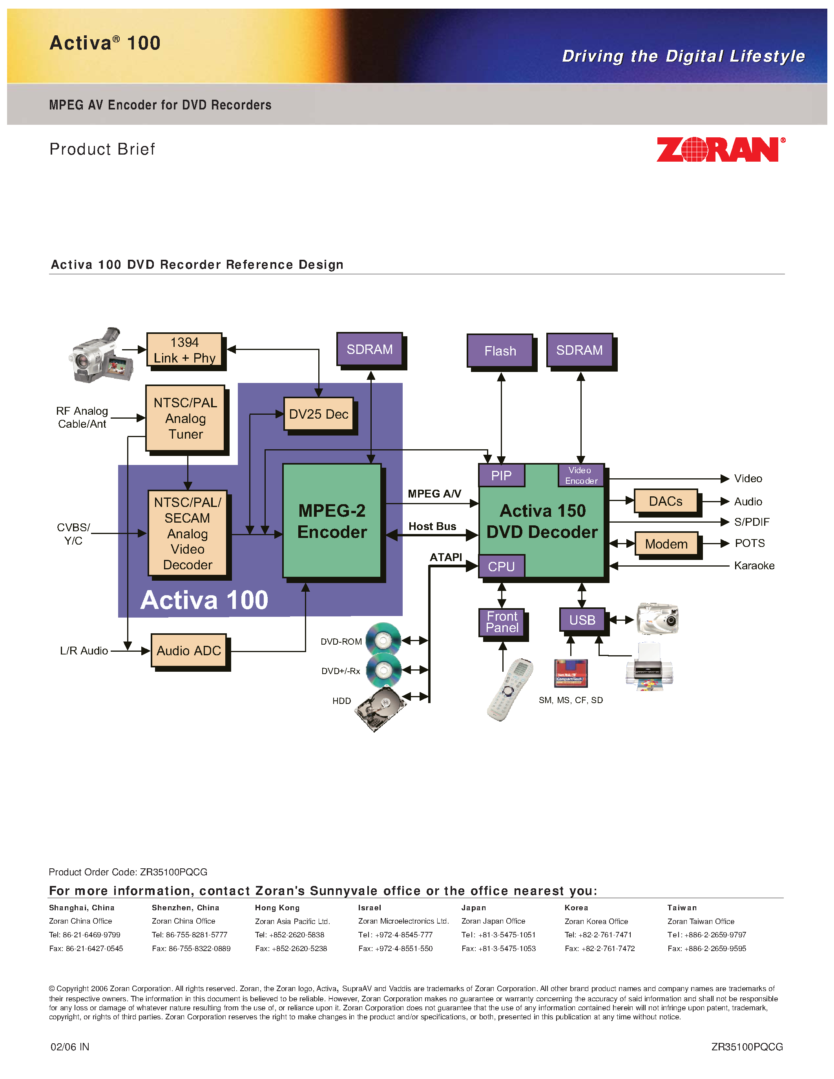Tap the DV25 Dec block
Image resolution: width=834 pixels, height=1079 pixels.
click(318, 414)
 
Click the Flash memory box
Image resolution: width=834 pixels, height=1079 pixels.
click(500, 351)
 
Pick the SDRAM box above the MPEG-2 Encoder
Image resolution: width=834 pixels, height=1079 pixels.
click(370, 349)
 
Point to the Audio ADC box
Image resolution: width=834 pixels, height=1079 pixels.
click(189, 651)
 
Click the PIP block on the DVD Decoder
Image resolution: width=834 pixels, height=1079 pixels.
click(501, 475)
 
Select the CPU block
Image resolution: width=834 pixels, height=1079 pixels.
click(501, 566)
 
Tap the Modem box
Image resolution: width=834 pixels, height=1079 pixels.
click(666, 544)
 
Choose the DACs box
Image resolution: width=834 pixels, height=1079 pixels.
click(666, 501)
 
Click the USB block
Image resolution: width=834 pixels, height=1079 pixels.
click(582, 620)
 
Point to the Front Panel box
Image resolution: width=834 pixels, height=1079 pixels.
click(502, 622)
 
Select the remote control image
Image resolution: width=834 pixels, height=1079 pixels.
click(510, 689)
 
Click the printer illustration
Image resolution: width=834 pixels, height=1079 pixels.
click(649, 667)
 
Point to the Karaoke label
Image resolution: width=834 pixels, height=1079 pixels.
click(754, 566)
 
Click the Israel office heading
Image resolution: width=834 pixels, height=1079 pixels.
click(370, 908)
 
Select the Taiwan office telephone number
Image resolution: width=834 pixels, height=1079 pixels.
click(706, 935)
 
